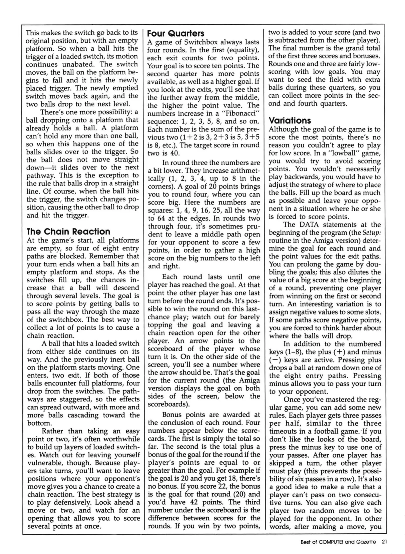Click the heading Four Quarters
(176, 34)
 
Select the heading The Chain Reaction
(68, 232)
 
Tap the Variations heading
(290, 121)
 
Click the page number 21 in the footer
(384, 542)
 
